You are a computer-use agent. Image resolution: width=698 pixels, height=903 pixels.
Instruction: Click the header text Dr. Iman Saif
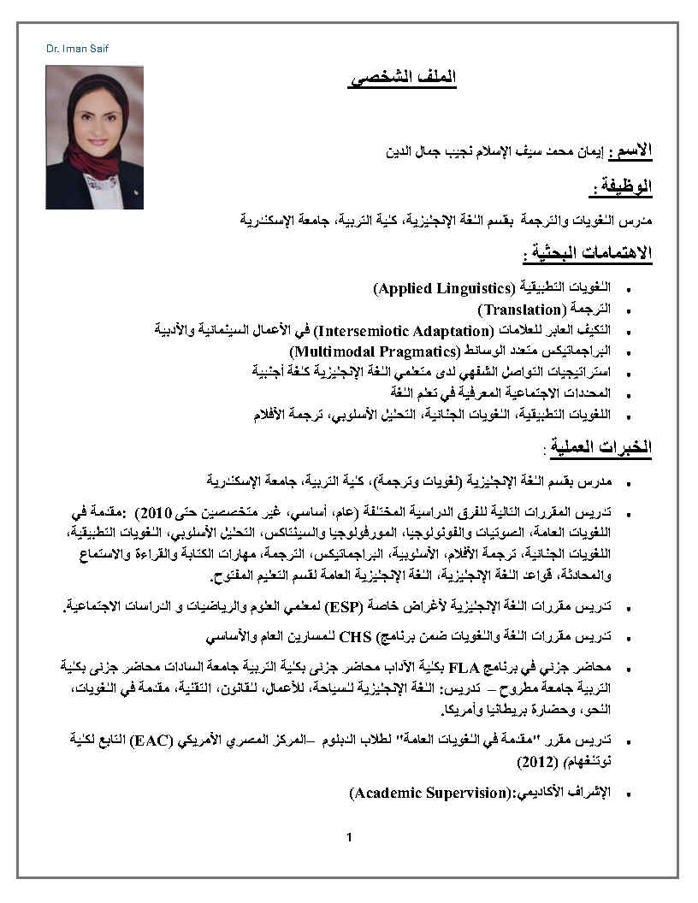(78, 49)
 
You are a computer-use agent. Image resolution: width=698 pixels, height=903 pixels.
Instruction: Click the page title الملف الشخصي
(402, 78)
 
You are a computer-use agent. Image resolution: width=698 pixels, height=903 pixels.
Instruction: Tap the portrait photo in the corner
(94, 137)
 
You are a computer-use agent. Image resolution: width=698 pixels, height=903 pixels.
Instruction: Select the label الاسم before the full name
(633, 150)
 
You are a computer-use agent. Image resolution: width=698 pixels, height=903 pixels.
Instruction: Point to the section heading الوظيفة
(622, 186)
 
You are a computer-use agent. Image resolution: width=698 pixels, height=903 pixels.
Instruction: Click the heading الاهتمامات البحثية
(588, 253)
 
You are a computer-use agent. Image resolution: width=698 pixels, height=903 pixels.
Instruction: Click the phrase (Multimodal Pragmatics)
(375, 351)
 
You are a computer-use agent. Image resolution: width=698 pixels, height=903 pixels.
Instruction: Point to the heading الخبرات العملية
(598, 447)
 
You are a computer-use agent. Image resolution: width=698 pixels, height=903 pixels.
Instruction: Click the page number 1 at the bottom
(349, 836)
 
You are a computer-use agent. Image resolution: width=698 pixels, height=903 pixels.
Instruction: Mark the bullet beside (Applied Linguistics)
(630, 290)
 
